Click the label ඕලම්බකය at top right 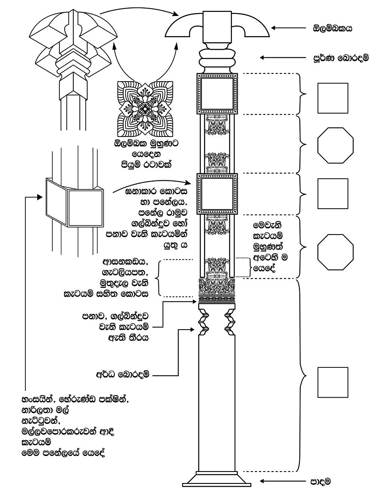332,28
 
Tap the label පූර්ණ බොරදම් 341,58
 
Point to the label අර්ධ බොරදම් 123,375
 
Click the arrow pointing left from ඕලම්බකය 288,28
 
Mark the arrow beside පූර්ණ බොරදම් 283,58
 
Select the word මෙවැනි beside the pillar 267,225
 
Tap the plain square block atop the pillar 217,27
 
